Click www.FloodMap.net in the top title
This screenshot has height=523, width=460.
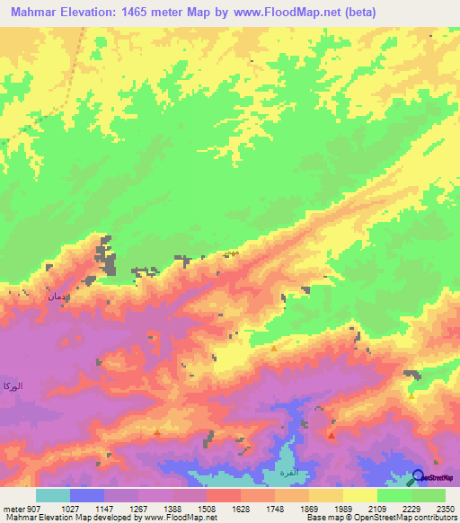point(286,12)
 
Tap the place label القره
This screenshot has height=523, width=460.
point(272,473)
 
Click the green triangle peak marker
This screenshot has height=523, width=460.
point(411,394)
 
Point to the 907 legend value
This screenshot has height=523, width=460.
point(35,509)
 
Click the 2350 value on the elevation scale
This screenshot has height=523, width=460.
point(444,509)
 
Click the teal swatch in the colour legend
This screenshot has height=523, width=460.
point(53,495)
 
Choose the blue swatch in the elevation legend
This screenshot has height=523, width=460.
point(87,495)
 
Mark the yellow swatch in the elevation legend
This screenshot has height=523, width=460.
point(360,495)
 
